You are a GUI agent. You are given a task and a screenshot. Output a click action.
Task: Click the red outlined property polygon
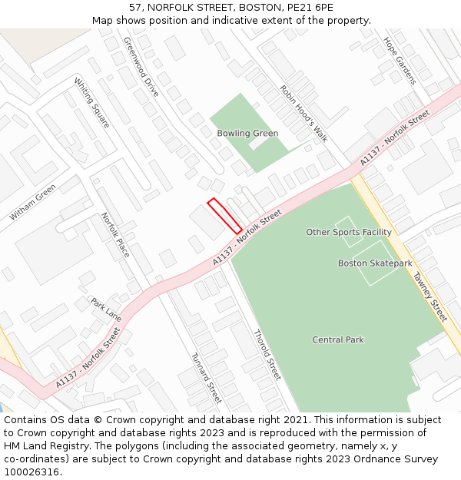point(224,215)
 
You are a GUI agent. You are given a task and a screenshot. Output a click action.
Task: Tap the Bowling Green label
point(247,134)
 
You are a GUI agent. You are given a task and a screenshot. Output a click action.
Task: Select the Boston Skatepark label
point(375,263)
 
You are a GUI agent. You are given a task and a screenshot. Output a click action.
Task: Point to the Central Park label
point(338,339)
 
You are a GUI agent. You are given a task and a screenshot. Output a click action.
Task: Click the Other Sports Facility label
point(349,232)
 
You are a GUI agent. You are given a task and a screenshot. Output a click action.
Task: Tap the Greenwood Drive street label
point(141,67)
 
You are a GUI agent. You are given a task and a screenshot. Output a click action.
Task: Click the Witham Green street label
point(33,202)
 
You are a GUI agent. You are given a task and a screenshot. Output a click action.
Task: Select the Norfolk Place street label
point(116,235)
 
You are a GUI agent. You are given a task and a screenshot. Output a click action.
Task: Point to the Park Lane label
point(106,310)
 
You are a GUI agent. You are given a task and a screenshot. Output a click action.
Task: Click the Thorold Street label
point(267,355)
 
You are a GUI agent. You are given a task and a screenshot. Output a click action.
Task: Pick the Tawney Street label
point(429,297)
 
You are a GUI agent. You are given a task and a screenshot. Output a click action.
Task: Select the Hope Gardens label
point(400,61)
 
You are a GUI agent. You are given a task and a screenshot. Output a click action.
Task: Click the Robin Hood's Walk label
point(303,113)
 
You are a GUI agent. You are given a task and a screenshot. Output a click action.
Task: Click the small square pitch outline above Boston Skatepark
point(348,232)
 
